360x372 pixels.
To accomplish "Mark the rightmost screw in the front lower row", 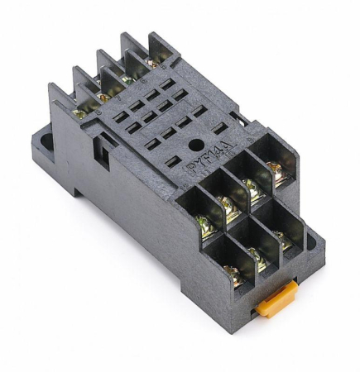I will [x=284, y=241].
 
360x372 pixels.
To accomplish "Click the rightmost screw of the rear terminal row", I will [x=151, y=62].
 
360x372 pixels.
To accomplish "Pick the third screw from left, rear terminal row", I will [x=127, y=79].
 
